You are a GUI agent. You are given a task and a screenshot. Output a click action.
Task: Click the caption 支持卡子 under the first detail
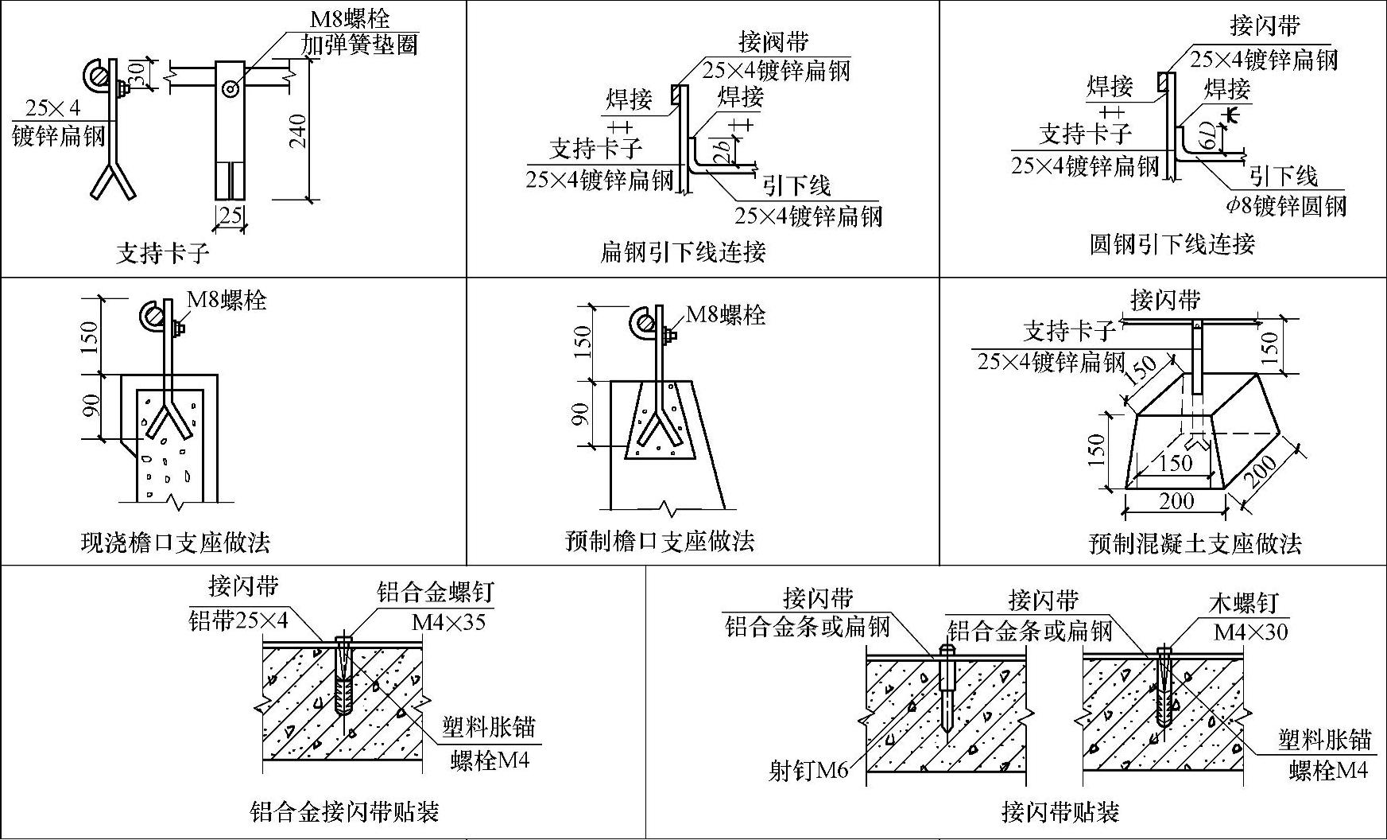pos(163,254)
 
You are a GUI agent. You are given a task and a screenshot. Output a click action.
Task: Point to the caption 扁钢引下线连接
pos(683,252)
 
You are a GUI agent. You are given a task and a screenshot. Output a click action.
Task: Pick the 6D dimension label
pos(1207,137)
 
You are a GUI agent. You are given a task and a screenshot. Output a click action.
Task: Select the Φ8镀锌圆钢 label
pos(1285,206)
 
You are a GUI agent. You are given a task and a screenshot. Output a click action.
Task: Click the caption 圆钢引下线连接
pos(1172,243)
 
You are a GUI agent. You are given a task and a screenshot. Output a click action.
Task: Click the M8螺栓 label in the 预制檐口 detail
pos(725,315)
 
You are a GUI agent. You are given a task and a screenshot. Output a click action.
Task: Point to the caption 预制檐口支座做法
pos(659,542)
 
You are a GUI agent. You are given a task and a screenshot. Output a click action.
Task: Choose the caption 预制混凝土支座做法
pos(1195,544)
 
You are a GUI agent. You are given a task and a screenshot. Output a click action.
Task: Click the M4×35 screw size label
pos(448,621)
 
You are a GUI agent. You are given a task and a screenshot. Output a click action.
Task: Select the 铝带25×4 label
pos(238,620)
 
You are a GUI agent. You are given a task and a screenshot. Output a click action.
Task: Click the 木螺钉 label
pos(1243,603)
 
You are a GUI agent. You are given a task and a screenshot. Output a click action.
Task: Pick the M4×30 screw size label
pos(1250,632)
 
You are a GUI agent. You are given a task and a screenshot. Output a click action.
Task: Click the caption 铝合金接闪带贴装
pos(344,811)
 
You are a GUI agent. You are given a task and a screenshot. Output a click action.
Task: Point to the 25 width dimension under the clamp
pos(230,215)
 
